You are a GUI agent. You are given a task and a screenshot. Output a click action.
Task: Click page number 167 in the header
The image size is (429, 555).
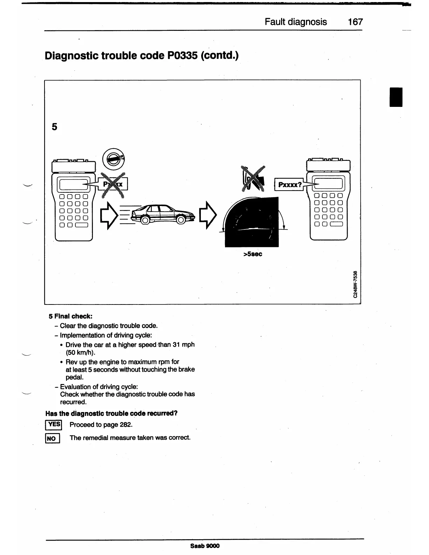coord(355,22)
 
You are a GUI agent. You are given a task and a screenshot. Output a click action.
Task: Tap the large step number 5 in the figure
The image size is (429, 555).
coord(54,126)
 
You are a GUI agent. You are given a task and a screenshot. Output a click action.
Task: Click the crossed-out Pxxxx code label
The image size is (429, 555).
coord(113,184)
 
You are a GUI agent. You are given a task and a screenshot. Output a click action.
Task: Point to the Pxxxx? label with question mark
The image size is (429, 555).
coord(290,184)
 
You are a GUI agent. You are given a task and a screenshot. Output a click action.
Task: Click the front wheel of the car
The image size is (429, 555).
coord(181,220)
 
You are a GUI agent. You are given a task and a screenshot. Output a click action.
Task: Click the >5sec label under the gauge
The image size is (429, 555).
coord(252,254)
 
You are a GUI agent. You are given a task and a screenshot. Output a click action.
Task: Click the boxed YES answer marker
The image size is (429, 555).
coord(54,425)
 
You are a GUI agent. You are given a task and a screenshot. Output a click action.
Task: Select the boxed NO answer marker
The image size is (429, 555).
coord(53,438)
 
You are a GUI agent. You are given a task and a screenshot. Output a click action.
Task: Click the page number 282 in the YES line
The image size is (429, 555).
coord(125,425)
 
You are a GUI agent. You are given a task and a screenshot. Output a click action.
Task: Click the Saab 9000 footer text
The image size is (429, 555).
coord(205,546)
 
